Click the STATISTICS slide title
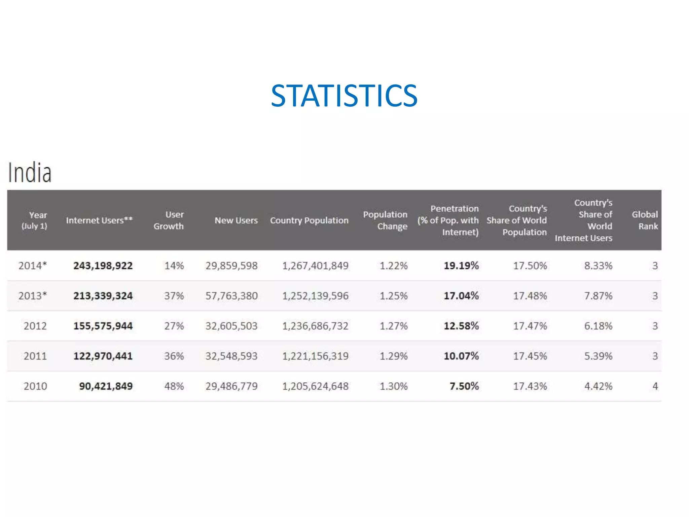344,96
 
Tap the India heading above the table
30,172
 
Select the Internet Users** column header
99,220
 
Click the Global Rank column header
645,220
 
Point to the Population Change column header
386,220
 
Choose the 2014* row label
33,266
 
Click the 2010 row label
35,386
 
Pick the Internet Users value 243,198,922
103,266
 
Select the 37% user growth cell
174,296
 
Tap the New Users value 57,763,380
231,296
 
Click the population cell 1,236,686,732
315,326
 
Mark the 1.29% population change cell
394,356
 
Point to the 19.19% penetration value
461,266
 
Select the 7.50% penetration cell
464,386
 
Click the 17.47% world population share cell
530,326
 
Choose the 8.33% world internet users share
598,266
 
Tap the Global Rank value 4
655,386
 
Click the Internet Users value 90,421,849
106,386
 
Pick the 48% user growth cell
174,386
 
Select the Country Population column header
309,220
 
